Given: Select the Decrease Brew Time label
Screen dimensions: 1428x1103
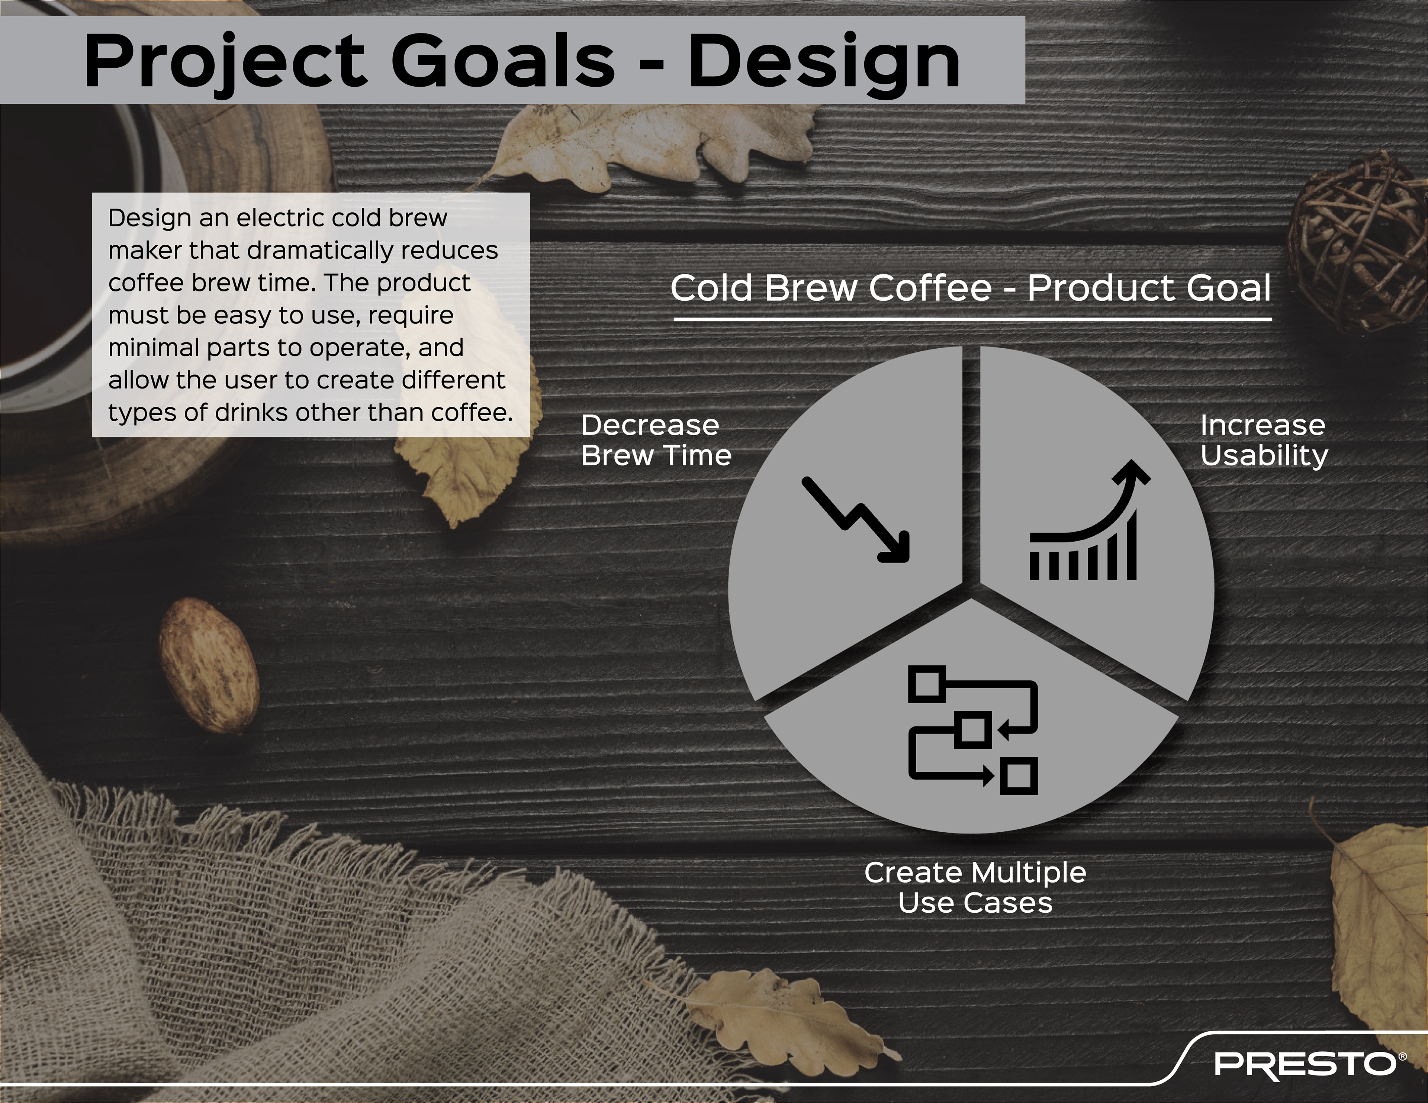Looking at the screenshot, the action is point(656,441).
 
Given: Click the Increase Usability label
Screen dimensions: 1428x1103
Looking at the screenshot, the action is point(1263,441).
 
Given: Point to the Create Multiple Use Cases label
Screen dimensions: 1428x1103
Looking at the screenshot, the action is point(975,888).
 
